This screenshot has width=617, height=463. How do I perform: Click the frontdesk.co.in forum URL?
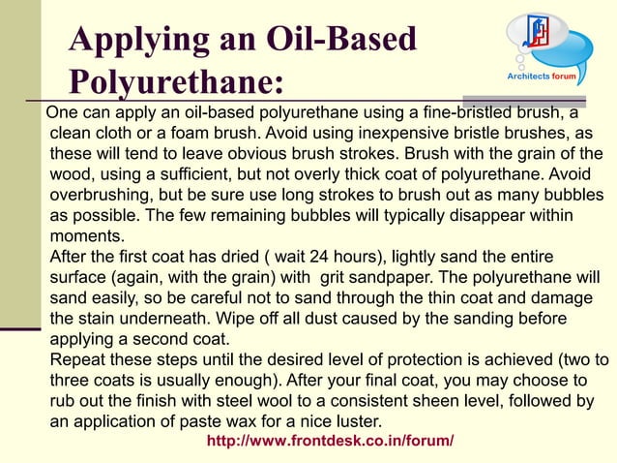pyautogui.click(x=331, y=441)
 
